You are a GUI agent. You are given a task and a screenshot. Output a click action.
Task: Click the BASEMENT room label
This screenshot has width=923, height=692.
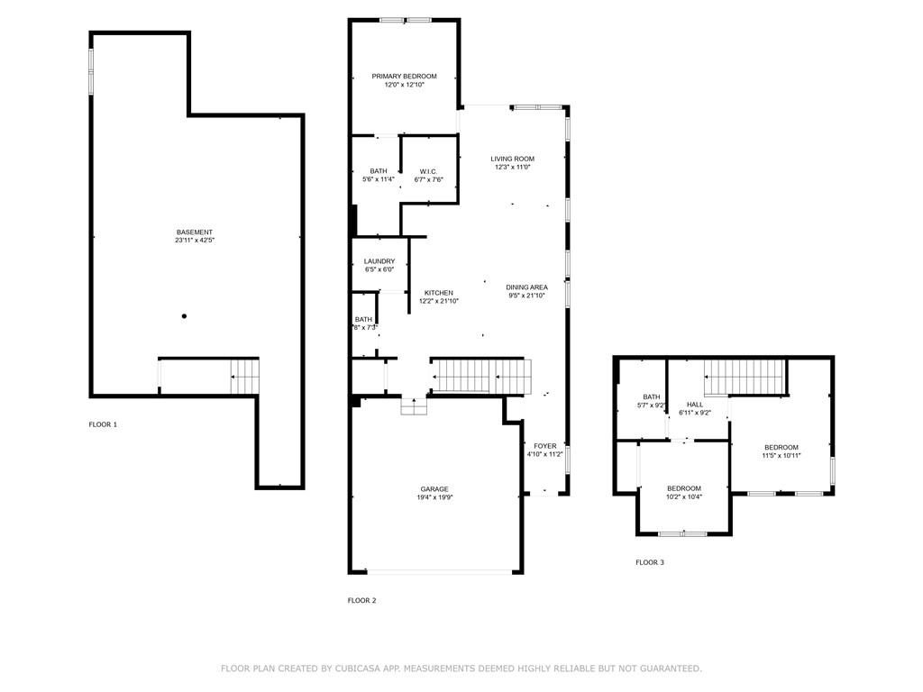195,232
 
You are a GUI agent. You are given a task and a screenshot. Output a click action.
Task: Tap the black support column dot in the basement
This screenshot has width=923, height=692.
184,316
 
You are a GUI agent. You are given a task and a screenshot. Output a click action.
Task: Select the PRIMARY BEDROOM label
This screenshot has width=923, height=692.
405,77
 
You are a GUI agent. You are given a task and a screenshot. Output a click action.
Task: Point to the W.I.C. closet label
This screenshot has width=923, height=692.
428,172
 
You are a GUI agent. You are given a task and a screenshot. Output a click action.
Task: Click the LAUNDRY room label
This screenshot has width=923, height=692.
379,261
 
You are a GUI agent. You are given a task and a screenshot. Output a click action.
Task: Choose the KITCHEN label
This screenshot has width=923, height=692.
439,293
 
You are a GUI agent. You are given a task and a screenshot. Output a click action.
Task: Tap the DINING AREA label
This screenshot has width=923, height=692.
526,287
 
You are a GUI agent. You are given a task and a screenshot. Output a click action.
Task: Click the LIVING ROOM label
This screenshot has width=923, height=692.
513,159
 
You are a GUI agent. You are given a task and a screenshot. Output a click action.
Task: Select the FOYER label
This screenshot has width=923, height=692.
545,446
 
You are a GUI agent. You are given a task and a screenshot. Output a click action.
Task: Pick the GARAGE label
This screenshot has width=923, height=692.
434,489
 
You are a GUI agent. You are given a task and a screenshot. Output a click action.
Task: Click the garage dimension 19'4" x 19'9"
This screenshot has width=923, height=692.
434,497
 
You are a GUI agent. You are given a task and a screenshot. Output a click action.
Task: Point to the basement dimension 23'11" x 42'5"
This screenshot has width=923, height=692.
195,240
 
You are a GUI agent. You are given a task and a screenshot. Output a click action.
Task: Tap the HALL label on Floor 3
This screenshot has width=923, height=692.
695,405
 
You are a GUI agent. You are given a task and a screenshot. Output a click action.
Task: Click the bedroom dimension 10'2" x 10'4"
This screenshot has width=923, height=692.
684,496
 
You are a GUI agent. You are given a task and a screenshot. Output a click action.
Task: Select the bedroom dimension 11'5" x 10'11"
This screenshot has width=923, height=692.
781,455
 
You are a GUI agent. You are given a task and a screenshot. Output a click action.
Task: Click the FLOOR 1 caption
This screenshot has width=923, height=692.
103,424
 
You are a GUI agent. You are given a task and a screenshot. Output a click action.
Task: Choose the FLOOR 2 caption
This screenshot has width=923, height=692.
361,600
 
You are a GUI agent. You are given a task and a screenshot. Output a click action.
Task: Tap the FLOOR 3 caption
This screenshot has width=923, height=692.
650,562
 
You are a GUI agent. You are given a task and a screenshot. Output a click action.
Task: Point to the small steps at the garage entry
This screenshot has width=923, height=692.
414,406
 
